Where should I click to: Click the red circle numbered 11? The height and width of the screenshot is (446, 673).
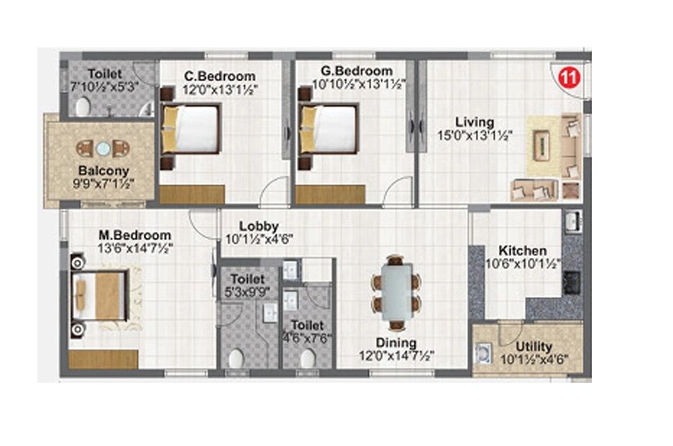pos(570,78)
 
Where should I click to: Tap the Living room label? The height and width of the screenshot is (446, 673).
pos(475,122)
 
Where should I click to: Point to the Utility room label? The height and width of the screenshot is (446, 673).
pos(534,347)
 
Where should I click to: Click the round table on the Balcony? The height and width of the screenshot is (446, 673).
pos(104,148)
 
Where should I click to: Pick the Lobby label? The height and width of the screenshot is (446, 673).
pos(255,226)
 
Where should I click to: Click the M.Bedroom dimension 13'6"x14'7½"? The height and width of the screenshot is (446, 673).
pos(135,247)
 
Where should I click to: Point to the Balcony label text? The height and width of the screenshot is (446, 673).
pos(104,171)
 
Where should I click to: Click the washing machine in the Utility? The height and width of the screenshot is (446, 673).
pos(483,353)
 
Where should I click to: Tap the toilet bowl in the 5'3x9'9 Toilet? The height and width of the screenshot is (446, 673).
pos(236,357)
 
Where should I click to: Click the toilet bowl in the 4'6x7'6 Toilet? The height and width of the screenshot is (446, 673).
pos(307,358)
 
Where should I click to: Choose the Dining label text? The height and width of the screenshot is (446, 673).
pos(397,343)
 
